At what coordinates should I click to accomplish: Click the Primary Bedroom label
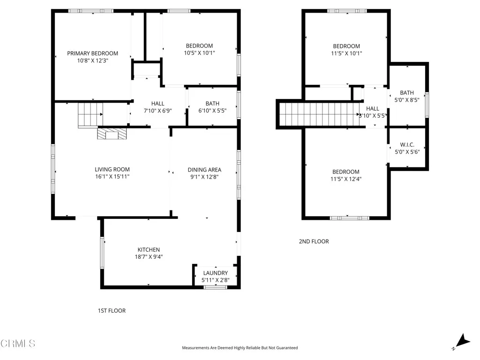click(x=92, y=53)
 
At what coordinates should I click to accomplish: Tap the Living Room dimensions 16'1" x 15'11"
click(x=112, y=177)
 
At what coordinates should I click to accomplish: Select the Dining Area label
click(x=204, y=170)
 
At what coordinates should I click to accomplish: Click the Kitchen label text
click(x=149, y=250)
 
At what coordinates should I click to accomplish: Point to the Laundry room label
click(x=216, y=273)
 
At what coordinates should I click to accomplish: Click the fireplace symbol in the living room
click(x=112, y=135)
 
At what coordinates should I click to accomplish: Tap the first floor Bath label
click(x=212, y=104)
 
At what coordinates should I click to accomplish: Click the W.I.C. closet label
click(x=407, y=145)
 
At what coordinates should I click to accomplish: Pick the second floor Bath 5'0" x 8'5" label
click(x=407, y=96)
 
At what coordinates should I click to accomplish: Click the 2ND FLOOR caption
click(x=314, y=241)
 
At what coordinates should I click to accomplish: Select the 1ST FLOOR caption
click(x=112, y=311)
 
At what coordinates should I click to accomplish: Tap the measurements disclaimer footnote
click(x=240, y=348)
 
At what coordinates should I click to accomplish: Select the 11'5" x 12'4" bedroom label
click(x=346, y=175)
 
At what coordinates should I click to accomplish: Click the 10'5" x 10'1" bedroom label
click(x=199, y=49)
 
